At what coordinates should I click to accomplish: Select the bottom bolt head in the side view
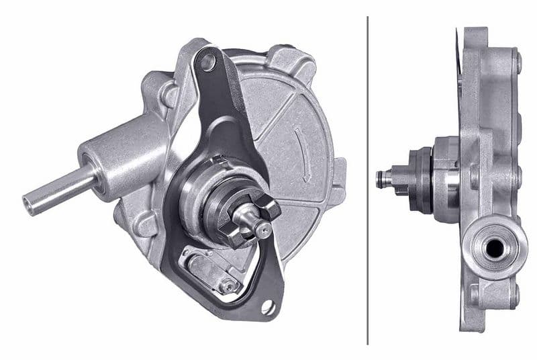click(x=516, y=296)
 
